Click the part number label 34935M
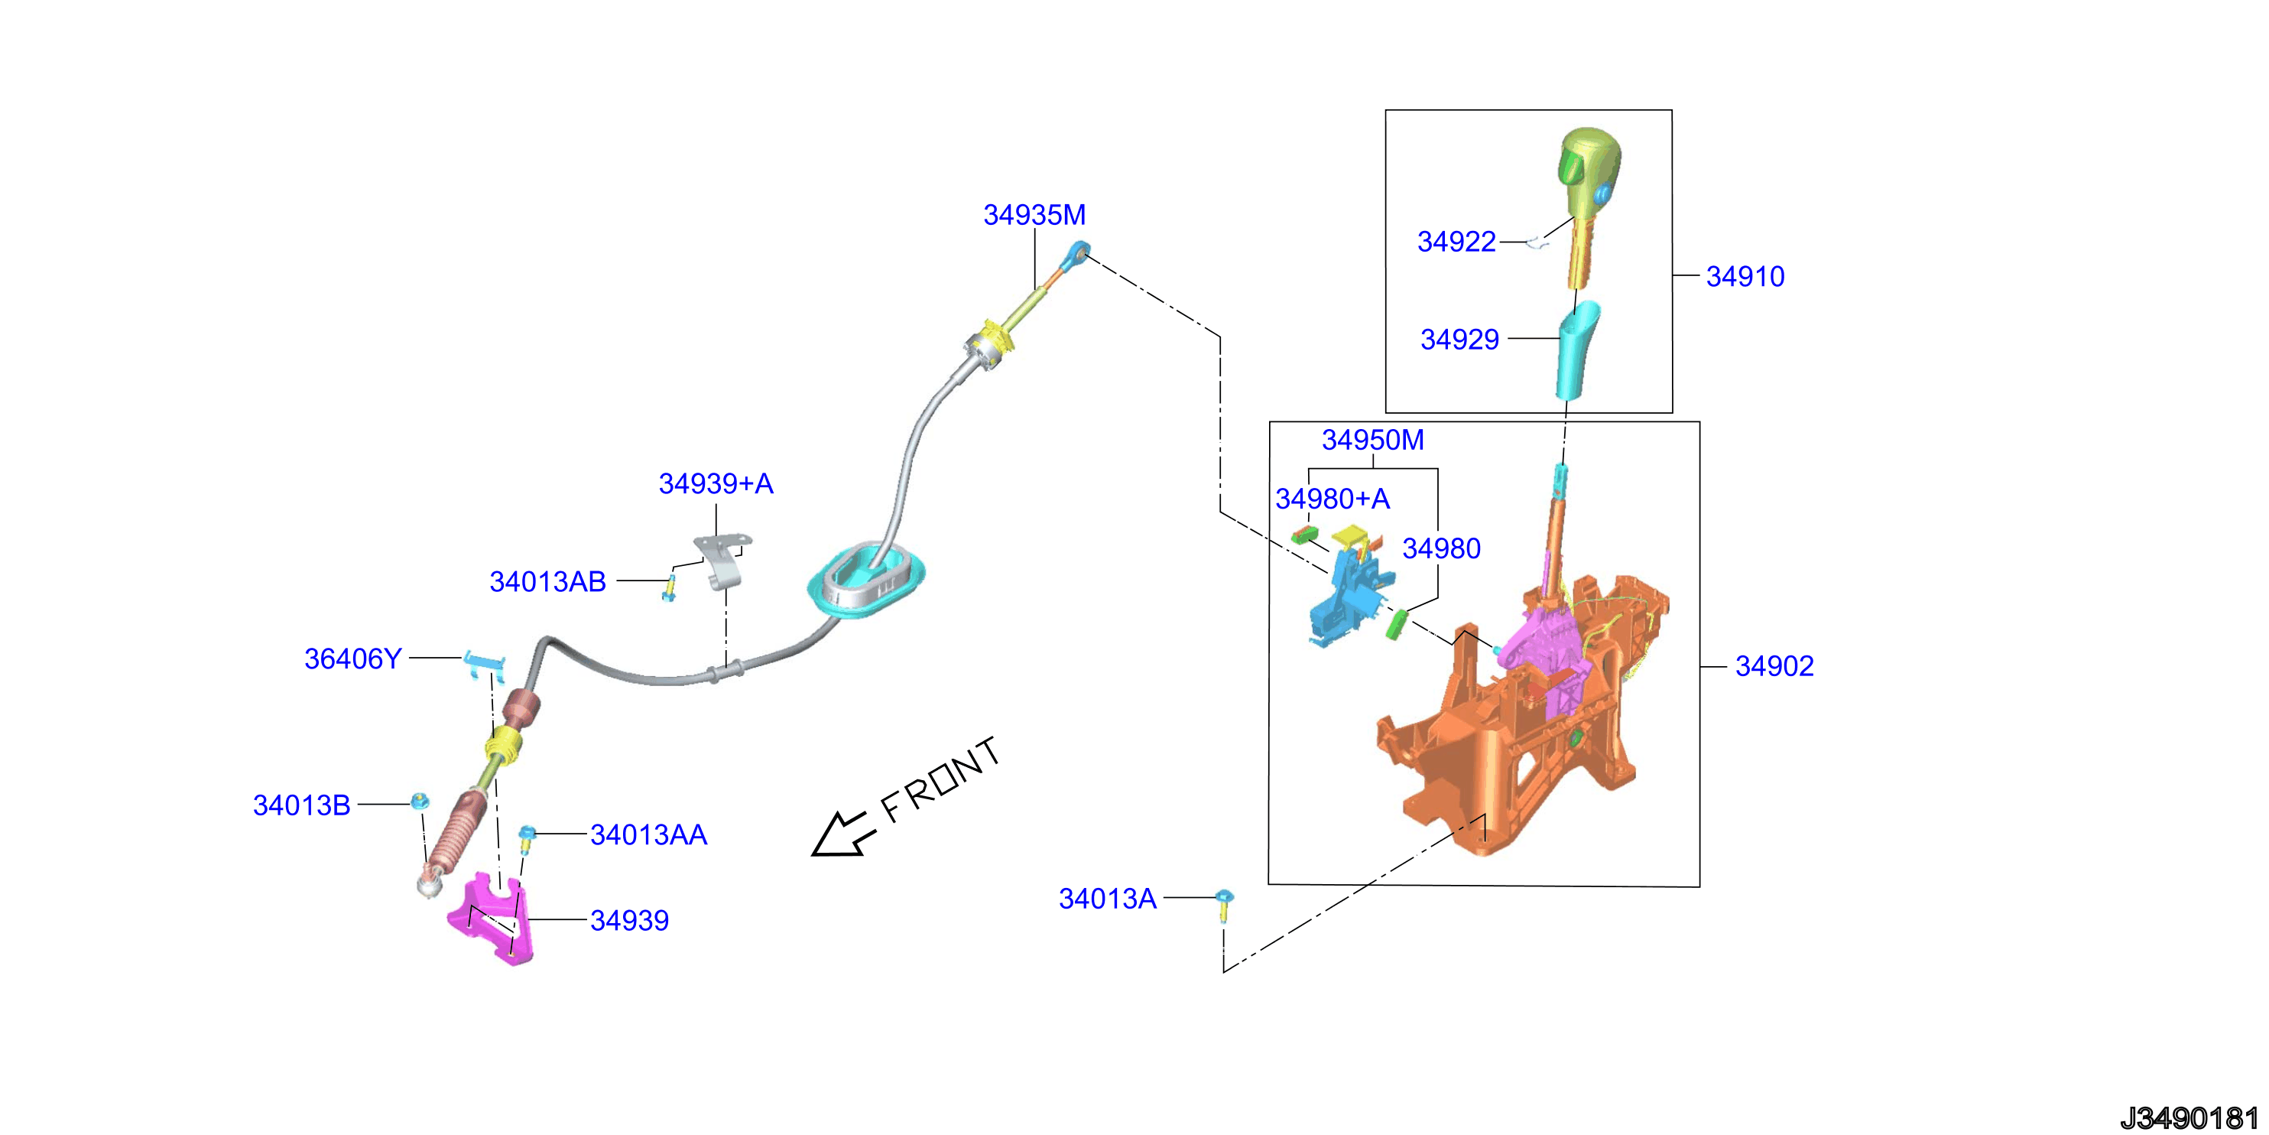point(1034,215)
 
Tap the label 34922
point(1456,242)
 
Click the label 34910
point(1745,277)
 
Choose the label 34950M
point(1372,440)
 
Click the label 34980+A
point(1333,499)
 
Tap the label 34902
point(1774,666)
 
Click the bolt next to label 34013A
point(1223,905)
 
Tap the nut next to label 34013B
point(421,801)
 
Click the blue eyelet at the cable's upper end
point(1076,255)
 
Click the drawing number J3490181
point(2188,1118)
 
